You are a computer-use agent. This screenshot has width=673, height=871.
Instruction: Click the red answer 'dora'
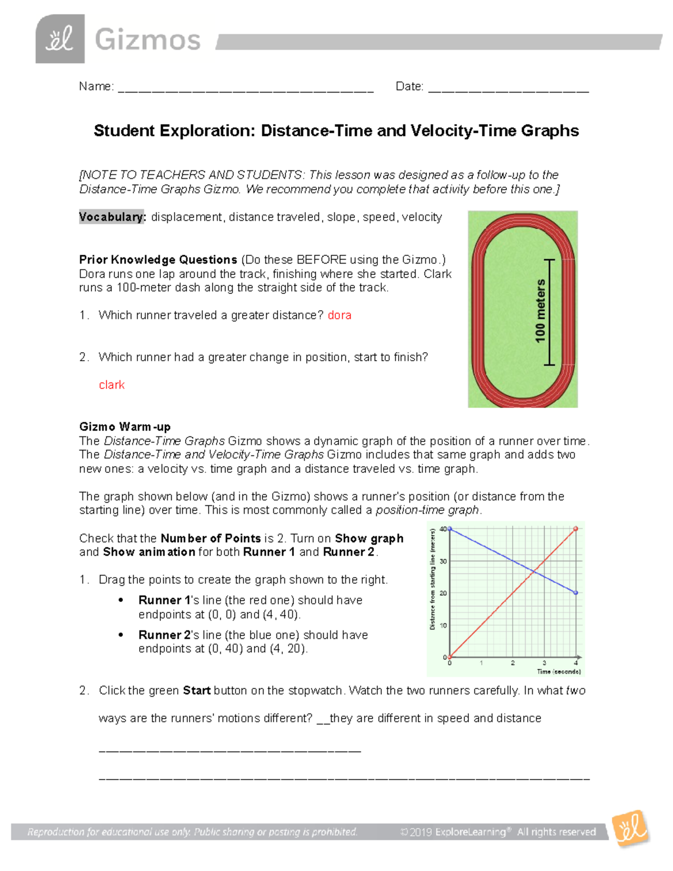click(339, 315)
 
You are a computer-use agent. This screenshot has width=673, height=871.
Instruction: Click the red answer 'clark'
click(112, 385)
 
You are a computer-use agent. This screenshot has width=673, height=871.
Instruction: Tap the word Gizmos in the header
click(147, 40)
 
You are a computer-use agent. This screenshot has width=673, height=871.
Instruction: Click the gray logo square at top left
click(60, 39)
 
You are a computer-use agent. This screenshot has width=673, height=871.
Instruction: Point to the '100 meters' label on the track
click(540, 311)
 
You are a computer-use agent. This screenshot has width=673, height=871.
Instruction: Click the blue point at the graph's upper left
click(450, 529)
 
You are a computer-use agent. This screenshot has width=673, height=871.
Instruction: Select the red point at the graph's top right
click(576, 529)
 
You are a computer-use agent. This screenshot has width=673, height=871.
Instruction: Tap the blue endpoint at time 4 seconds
click(576, 593)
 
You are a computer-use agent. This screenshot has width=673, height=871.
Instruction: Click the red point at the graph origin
click(450, 657)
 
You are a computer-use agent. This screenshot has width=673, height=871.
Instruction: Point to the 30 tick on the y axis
click(443, 561)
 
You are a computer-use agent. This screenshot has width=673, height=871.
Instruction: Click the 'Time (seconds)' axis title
click(559, 671)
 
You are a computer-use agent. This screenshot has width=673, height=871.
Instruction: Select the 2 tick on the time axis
click(513, 663)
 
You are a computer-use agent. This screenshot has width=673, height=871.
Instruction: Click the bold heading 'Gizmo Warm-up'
click(125, 427)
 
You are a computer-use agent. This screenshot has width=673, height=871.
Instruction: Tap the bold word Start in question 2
click(196, 690)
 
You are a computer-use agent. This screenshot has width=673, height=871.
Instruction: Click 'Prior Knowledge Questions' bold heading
click(158, 260)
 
